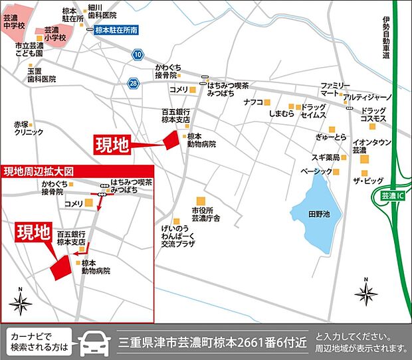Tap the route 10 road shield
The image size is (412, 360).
138,54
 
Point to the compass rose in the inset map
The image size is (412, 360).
20,303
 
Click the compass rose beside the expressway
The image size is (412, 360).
366,292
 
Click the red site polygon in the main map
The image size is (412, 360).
171,140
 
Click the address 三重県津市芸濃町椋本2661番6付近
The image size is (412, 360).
213,343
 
